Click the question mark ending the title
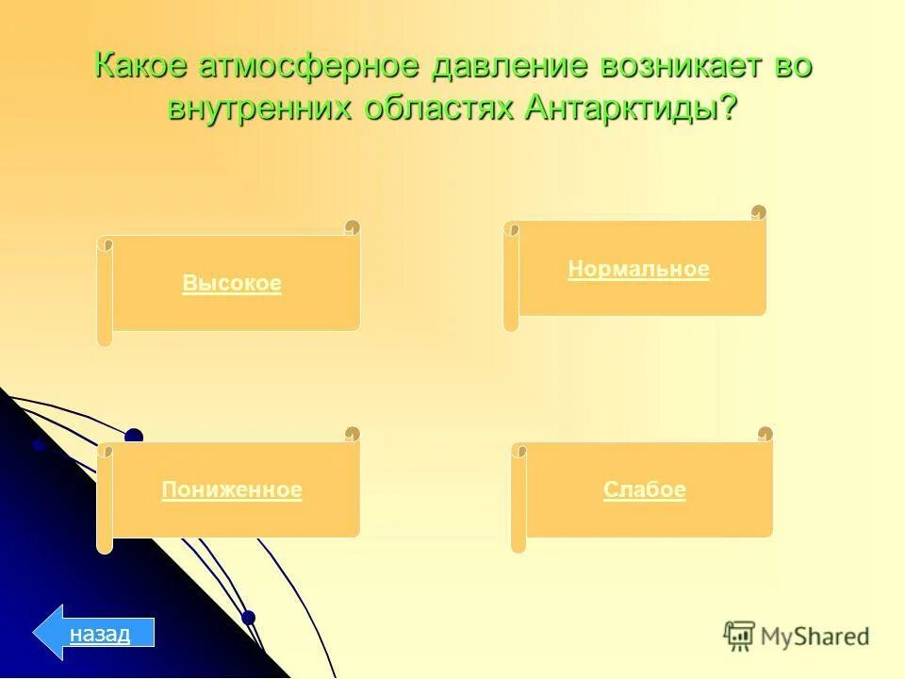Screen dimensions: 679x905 click(728, 107)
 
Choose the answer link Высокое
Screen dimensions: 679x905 click(232, 284)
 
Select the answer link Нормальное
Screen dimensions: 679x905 click(638, 270)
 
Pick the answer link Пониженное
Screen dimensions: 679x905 click(232, 490)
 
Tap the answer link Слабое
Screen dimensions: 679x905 click(645, 490)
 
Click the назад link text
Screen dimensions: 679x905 click(99, 633)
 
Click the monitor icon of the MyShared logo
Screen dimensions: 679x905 click(739, 636)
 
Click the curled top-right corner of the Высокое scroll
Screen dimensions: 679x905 click(352, 228)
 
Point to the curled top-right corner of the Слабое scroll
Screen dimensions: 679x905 click(765, 435)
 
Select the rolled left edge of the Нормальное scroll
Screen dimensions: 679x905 click(511, 276)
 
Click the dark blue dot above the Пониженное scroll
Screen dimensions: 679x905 click(134, 437)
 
